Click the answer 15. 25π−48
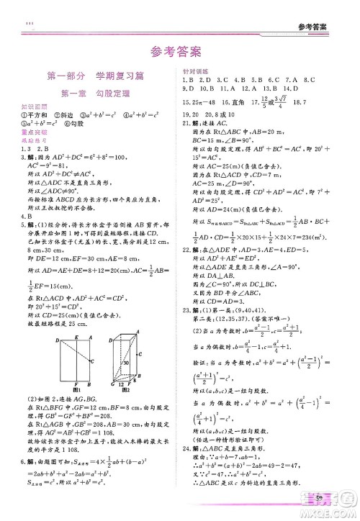pyautogui.click(x=198, y=104)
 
